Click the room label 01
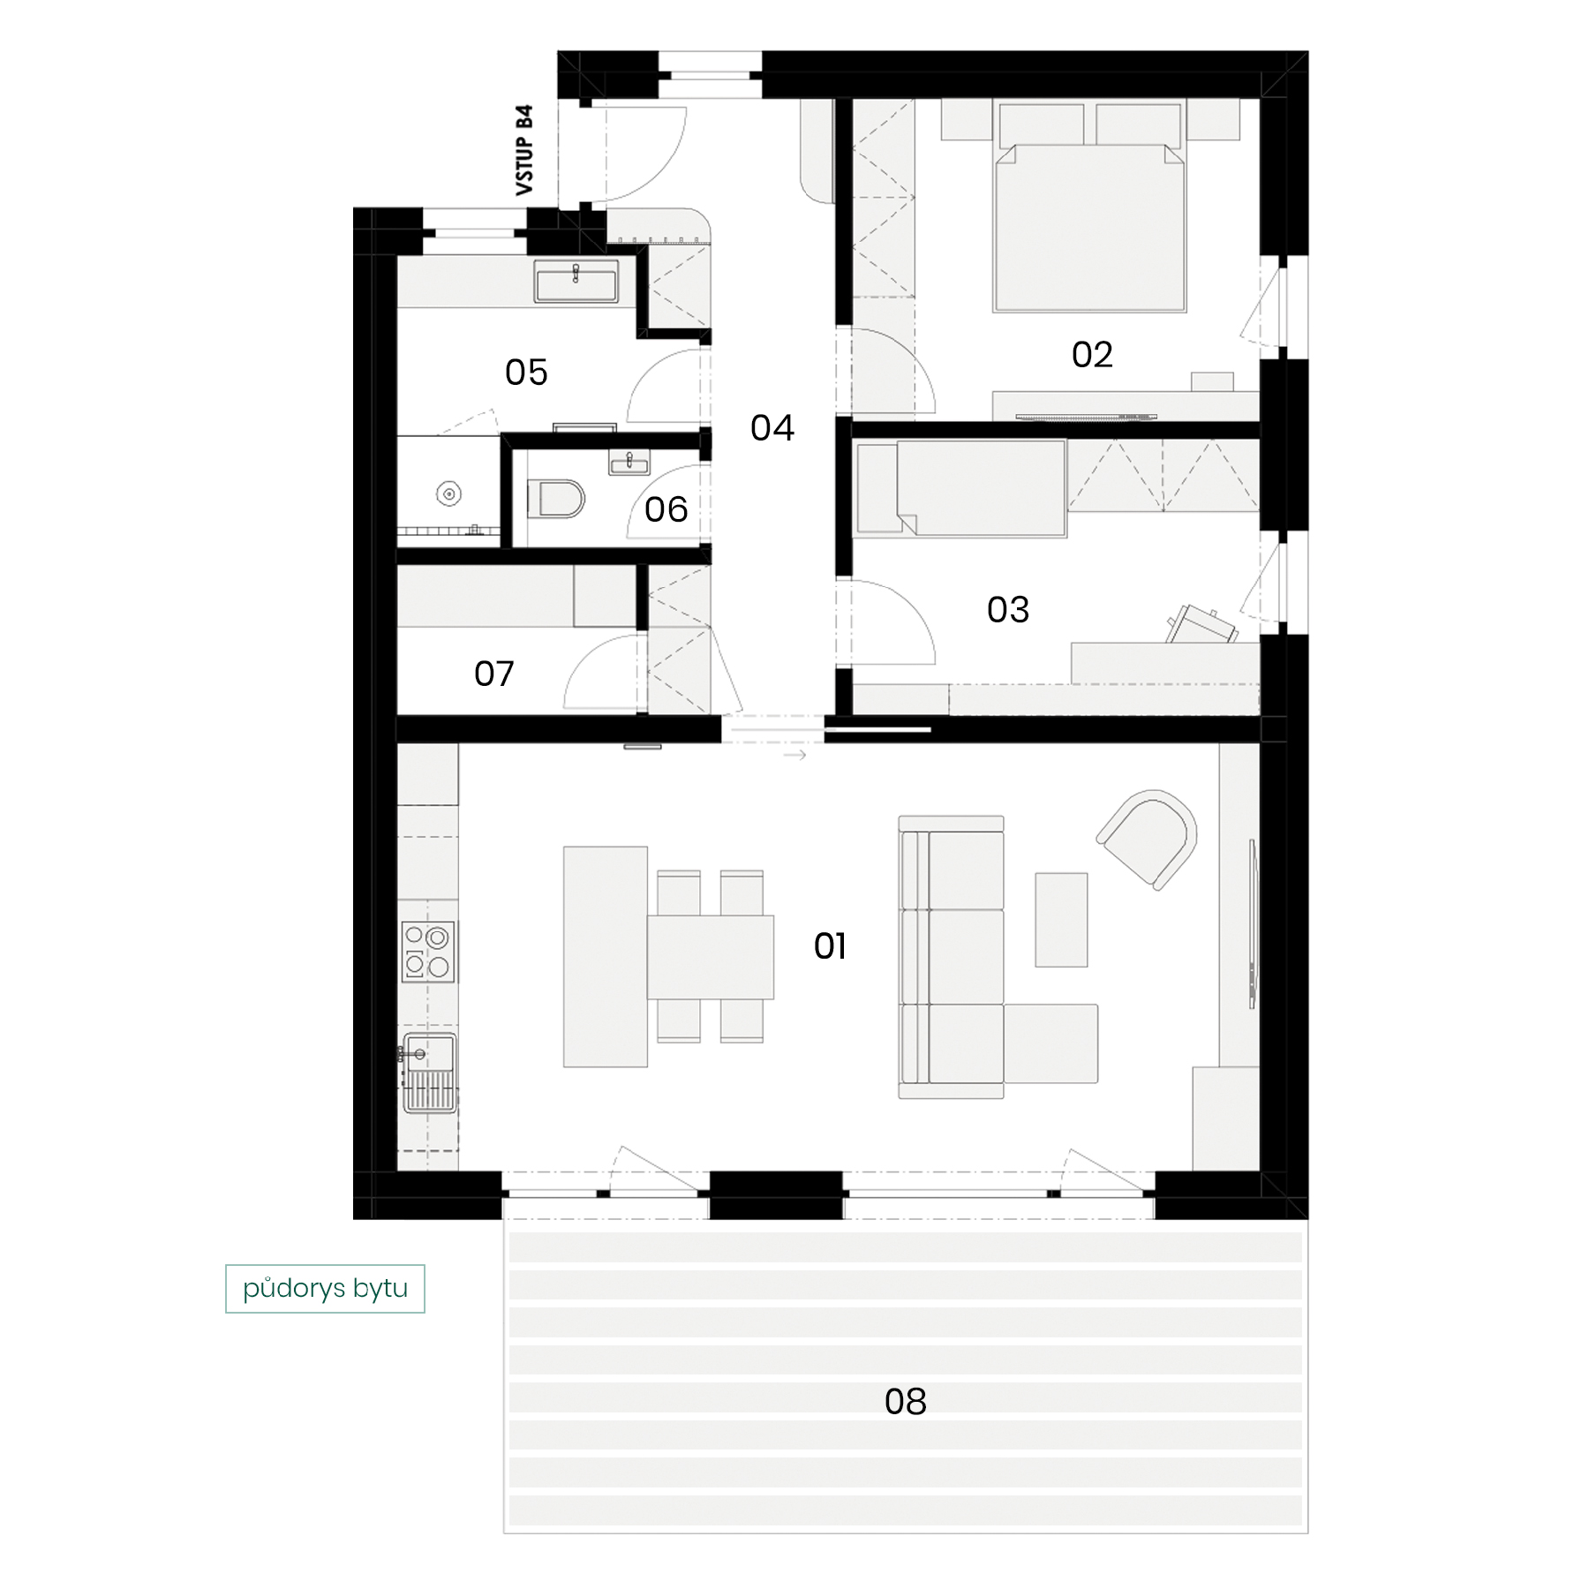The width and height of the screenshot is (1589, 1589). (x=830, y=946)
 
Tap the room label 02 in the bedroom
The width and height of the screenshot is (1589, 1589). (x=1092, y=355)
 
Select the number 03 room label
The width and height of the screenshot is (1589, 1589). (x=1008, y=610)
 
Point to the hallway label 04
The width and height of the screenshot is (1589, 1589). (x=772, y=428)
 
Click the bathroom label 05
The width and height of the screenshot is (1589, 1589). (x=526, y=373)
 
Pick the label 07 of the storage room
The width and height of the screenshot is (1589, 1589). (x=493, y=674)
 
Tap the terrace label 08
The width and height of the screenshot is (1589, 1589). (x=906, y=1402)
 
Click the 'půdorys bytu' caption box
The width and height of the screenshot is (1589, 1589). (x=325, y=1289)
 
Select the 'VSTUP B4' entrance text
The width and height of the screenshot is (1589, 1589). (x=524, y=150)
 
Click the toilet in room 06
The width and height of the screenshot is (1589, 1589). (x=557, y=499)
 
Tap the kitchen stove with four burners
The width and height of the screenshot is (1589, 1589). (x=428, y=952)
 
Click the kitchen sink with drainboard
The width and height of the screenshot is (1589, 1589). (x=429, y=1073)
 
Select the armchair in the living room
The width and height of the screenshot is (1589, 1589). (x=1148, y=839)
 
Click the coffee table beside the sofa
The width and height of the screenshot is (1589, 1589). (x=1061, y=920)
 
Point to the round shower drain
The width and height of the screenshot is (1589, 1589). (x=449, y=494)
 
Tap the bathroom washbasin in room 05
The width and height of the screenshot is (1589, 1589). (x=576, y=282)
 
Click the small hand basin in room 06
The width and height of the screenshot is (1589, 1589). (x=629, y=462)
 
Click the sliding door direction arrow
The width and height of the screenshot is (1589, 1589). (x=794, y=756)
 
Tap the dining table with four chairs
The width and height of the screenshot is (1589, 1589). (x=711, y=957)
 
